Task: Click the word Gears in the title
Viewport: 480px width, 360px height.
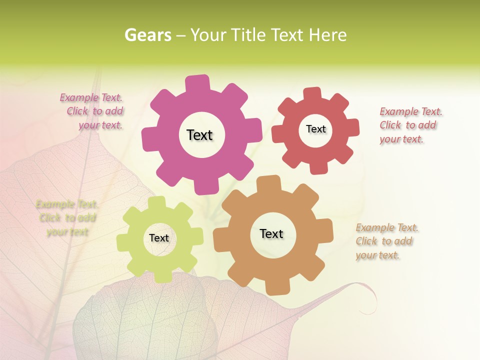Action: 147,35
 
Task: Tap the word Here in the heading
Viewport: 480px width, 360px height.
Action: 327,35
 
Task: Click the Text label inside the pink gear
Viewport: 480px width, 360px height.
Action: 199,135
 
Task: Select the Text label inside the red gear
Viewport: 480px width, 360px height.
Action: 315,129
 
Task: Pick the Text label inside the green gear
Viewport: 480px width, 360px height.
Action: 159,238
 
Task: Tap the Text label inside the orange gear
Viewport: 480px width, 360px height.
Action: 271,233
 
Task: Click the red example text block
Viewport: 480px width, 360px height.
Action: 410,125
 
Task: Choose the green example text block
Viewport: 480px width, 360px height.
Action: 67,218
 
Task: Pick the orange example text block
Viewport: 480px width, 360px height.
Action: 386,241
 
